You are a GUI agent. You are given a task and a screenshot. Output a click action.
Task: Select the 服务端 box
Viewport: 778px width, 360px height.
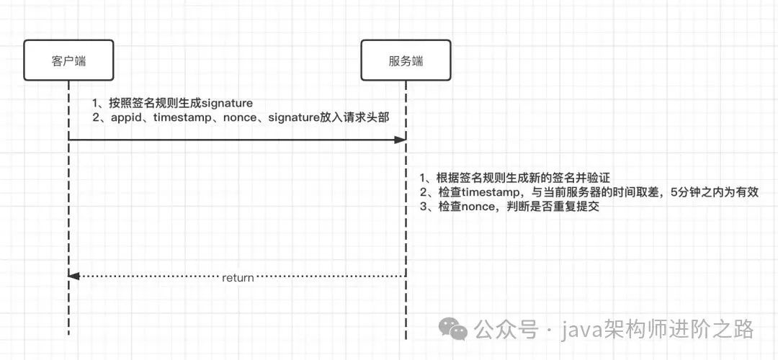406,60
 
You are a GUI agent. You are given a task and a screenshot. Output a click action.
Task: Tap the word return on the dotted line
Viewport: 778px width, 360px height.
238,277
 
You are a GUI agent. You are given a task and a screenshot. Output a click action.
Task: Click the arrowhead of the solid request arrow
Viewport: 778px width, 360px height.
401,140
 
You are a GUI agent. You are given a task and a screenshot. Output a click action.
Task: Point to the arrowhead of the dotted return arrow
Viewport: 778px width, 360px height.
73,276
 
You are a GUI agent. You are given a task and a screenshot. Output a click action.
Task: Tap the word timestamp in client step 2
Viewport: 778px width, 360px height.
184,118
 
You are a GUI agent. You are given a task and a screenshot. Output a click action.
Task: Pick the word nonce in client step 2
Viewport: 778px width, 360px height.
243,118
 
